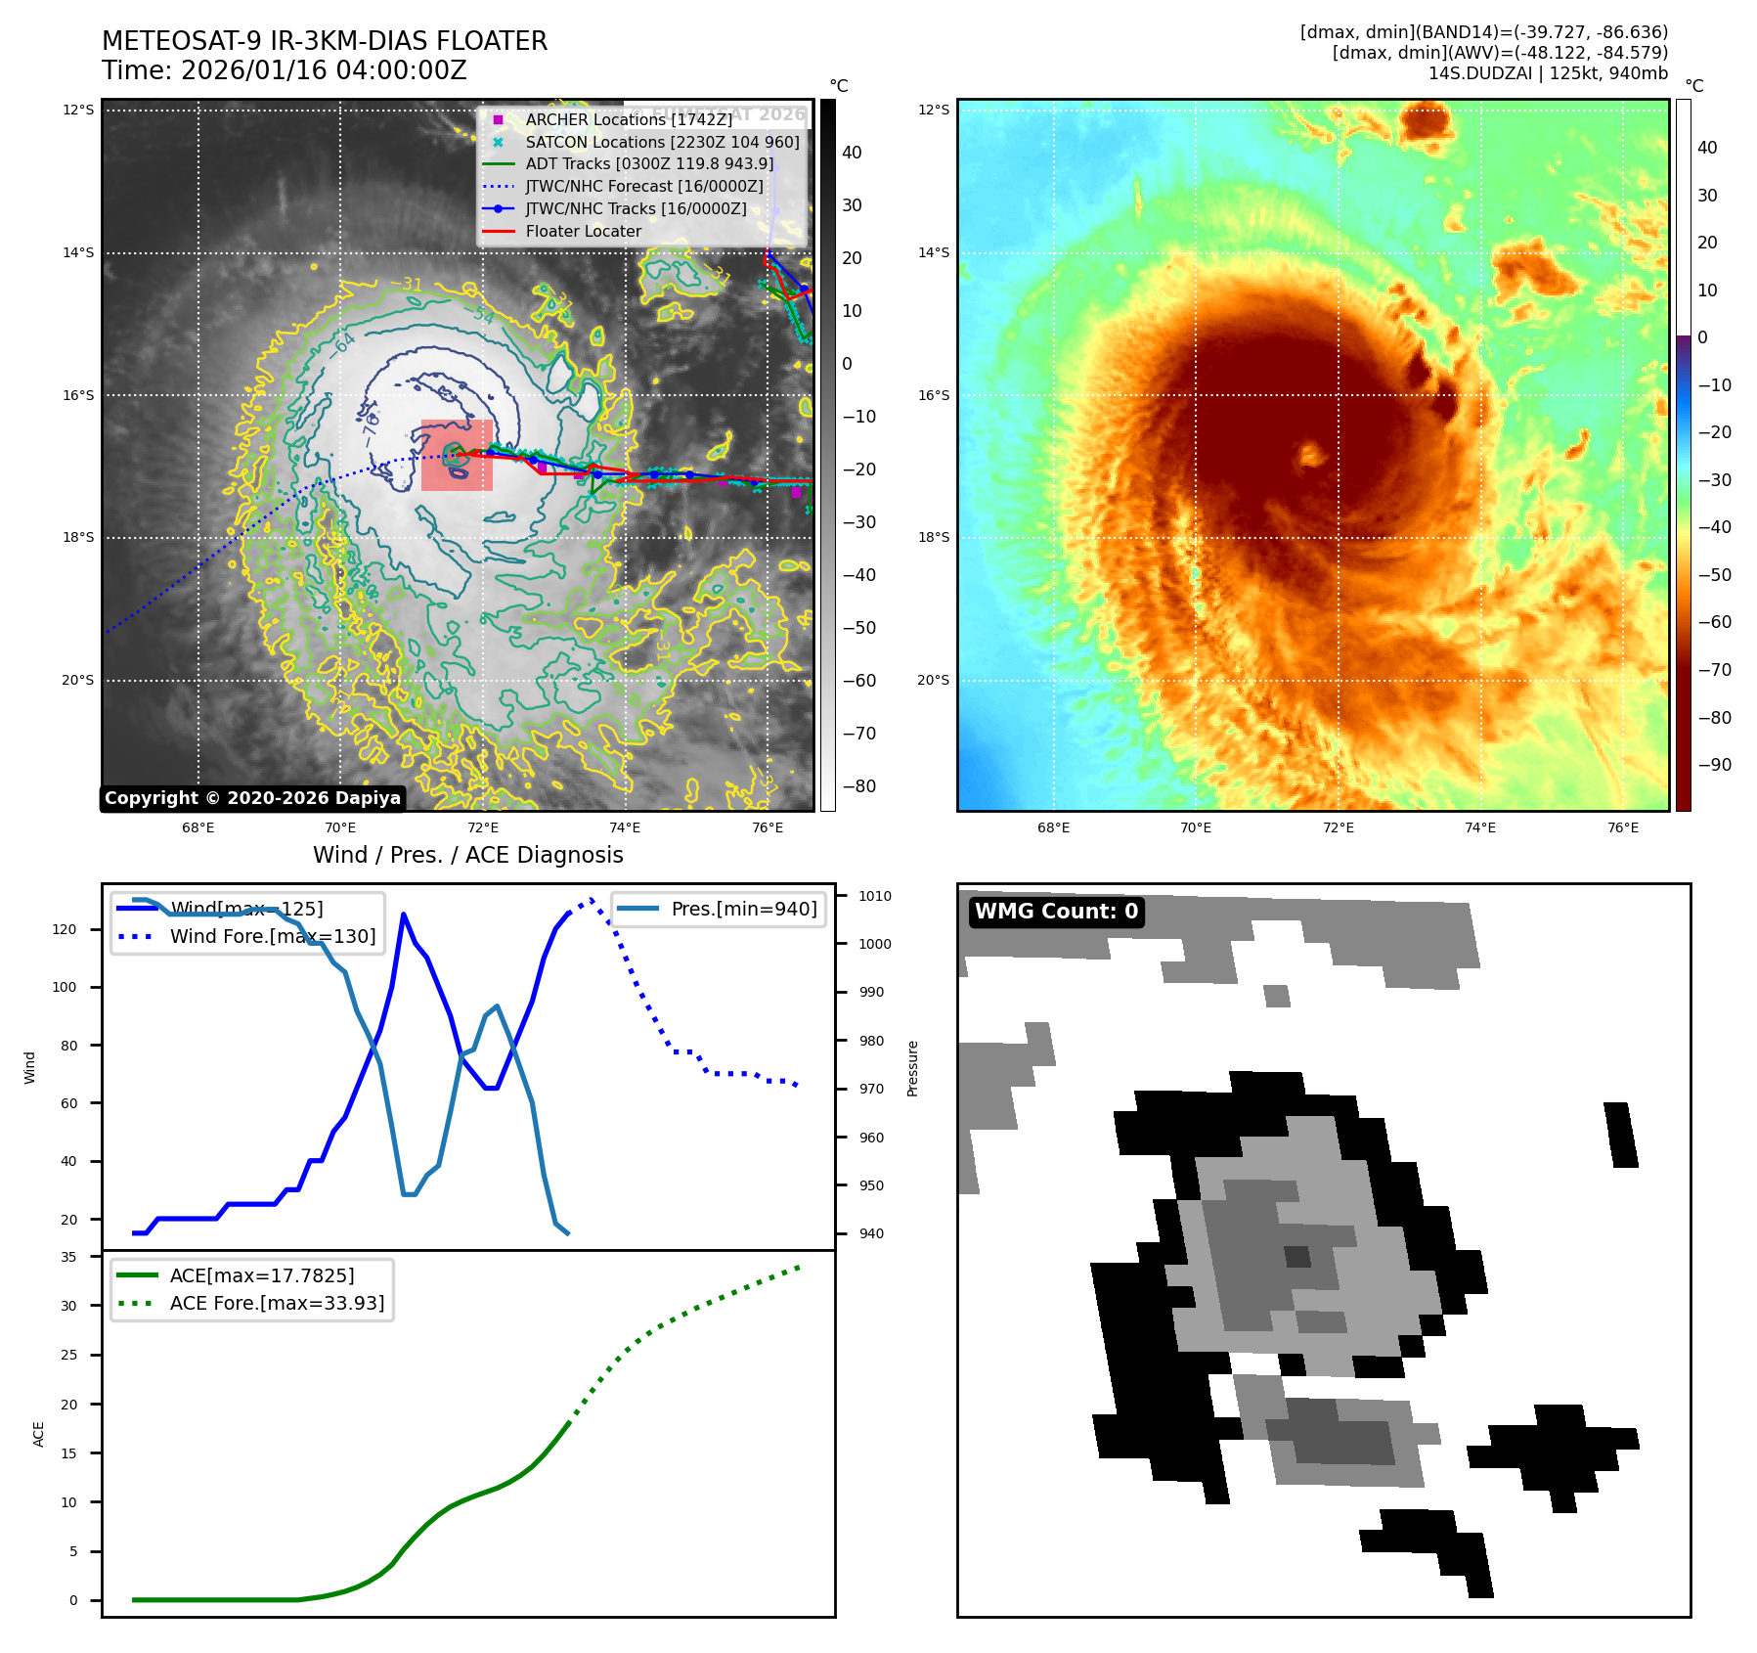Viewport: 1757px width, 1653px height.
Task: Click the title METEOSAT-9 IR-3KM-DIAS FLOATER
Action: coord(325,41)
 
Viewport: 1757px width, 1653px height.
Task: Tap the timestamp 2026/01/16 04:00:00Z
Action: coord(324,70)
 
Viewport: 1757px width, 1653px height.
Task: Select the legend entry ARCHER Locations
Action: coord(628,119)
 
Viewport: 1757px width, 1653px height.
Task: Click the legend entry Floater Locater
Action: coord(583,232)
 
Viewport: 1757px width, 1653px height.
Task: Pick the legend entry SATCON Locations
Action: coord(662,142)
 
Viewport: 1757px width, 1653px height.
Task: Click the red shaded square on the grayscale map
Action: coord(457,455)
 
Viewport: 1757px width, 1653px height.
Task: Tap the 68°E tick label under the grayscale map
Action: coord(198,827)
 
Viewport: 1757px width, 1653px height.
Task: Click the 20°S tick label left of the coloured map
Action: coord(933,680)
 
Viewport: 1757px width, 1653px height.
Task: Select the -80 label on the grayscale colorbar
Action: coord(859,786)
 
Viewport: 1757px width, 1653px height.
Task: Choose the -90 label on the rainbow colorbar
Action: coord(1714,765)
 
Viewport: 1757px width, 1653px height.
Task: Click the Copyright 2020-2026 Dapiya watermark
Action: coord(252,798)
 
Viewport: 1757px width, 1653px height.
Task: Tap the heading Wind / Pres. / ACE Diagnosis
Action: coord(467,855)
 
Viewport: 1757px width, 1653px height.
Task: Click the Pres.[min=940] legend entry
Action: coord(743,909)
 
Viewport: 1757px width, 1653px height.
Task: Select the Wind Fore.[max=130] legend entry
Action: coord(272,936)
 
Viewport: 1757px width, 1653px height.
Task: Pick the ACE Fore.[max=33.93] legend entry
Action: coord(277,1303)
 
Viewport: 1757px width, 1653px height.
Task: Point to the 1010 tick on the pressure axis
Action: coord(874,896)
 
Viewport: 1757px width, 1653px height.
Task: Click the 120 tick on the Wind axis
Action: coord(65,929)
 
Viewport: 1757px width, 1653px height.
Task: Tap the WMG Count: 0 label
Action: coord(1056,912)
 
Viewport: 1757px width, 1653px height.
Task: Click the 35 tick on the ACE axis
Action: coord(68,1257)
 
